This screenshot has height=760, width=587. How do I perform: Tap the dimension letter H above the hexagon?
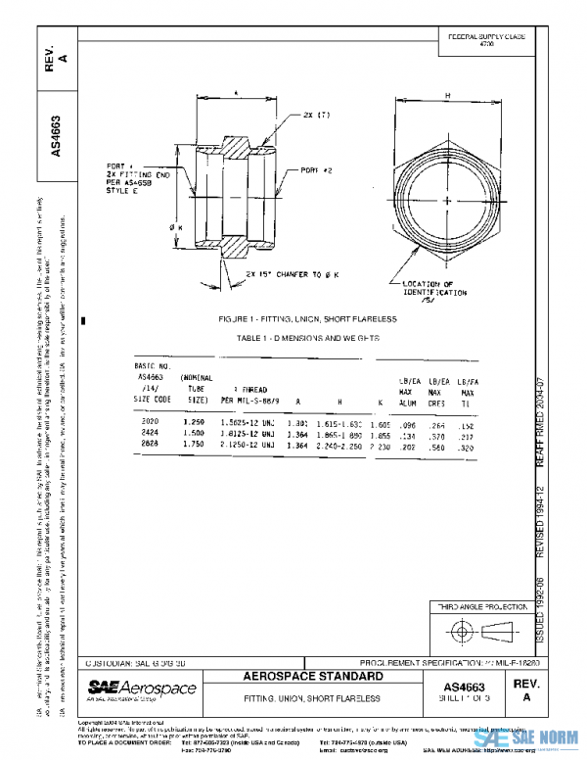[x=447, y=95]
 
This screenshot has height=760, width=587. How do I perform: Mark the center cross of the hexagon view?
[x=447, y=200]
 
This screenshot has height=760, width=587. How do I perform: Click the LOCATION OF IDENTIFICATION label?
[x=434, y=289]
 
